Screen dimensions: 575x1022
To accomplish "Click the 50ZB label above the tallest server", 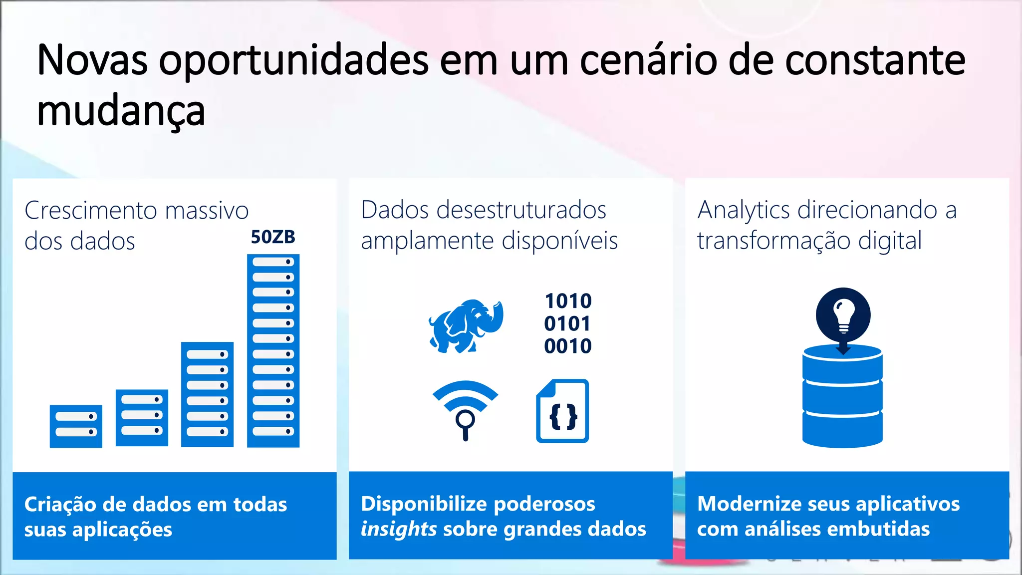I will (x=273, y=237).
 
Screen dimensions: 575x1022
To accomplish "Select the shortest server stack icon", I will (x=76, y=426).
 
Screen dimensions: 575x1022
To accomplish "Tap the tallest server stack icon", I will (x=273, y=350).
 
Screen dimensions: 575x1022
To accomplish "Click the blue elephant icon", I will (x=466, y=326).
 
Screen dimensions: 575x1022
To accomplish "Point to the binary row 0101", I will (x=567, y=323).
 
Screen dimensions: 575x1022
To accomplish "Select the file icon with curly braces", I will (x=563, y=411).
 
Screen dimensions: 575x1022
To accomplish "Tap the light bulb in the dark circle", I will (x=843, y=314).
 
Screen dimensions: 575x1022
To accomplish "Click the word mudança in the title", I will (x=121, y=111).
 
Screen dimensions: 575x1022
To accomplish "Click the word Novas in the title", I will (x=92, y=60).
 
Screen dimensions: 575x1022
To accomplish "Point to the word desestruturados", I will (x=521, y=210).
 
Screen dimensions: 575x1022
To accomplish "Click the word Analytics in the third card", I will (x=744, y=210).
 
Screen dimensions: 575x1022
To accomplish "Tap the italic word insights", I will (x=399, y=529).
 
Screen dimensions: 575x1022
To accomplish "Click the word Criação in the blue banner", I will (x=60, y=504).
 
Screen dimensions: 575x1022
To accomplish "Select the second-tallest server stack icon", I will (x=207, y=394).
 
